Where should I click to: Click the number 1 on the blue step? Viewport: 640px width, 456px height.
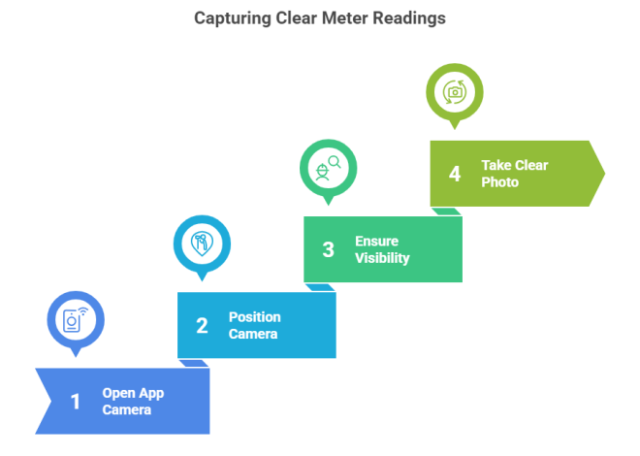(x=76, y=402)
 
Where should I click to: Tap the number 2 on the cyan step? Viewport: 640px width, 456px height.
(x=202, y=326)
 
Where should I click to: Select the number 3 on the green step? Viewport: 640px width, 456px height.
(x=328, y=250)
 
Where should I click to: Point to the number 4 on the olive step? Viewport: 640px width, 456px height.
(x=455, y=175)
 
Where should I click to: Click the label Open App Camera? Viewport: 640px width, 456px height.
(x=133, y=402)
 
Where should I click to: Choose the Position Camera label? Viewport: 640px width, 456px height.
(x=254, y=326)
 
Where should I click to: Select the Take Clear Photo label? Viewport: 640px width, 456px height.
(x=514, y=174)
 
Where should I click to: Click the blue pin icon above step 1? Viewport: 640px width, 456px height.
(x=76, y=319)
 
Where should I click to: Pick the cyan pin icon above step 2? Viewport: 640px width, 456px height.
(x=202, y=243)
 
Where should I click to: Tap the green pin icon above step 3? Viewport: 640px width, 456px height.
(x=328, y=167)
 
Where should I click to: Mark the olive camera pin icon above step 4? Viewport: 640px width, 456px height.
(x=455, y=92)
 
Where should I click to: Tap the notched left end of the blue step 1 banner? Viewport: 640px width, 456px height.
(x=45, y=402)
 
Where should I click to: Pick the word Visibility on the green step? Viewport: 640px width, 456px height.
(x=382, y=258)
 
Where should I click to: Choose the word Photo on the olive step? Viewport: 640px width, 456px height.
(x=500, y=182)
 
